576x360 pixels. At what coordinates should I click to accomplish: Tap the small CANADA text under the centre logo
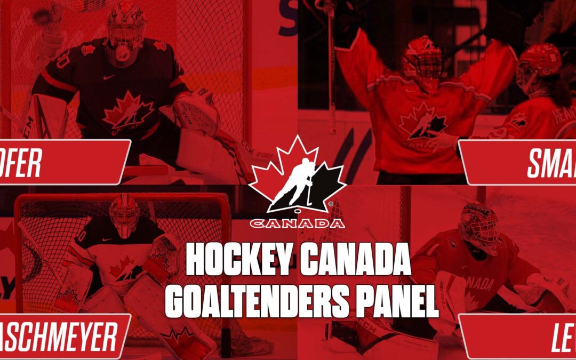(297, 223)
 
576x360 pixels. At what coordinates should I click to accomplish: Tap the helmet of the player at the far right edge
(539, 67)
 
